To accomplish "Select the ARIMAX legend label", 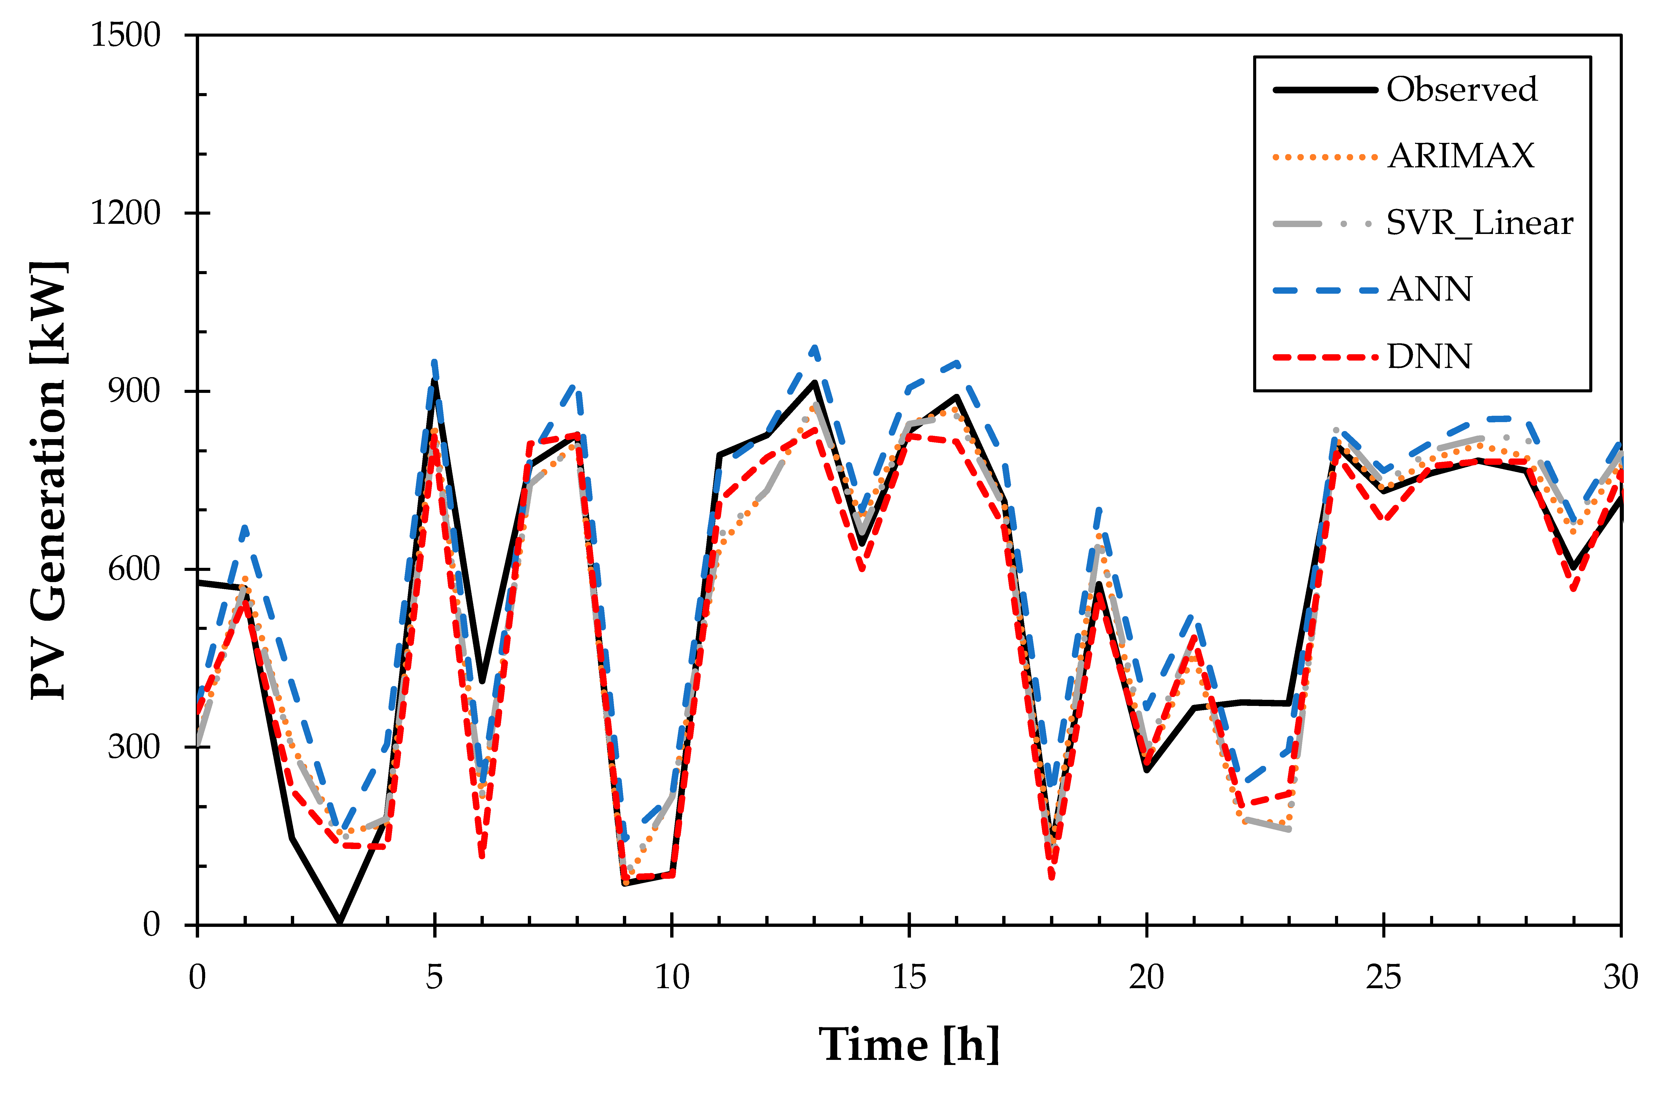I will tap(1461, 156).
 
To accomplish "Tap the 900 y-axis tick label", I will tap(135, 391).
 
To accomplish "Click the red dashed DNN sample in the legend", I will tap(1324, 356).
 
